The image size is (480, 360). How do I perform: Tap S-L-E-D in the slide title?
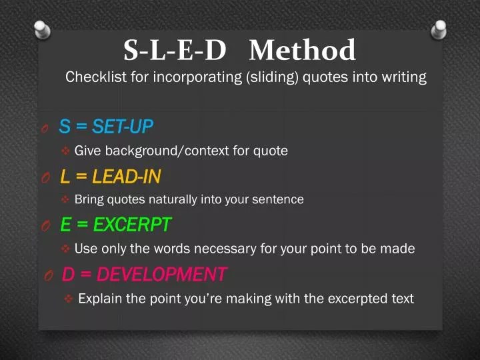[175, 50]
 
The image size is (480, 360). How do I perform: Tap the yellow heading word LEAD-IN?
[126, 177]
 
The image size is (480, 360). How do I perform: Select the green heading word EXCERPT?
[132, 225]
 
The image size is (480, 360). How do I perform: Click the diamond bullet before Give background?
[65, 151]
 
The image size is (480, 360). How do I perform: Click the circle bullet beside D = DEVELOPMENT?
[48, 275]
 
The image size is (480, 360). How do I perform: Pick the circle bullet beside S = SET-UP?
[44, 127]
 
